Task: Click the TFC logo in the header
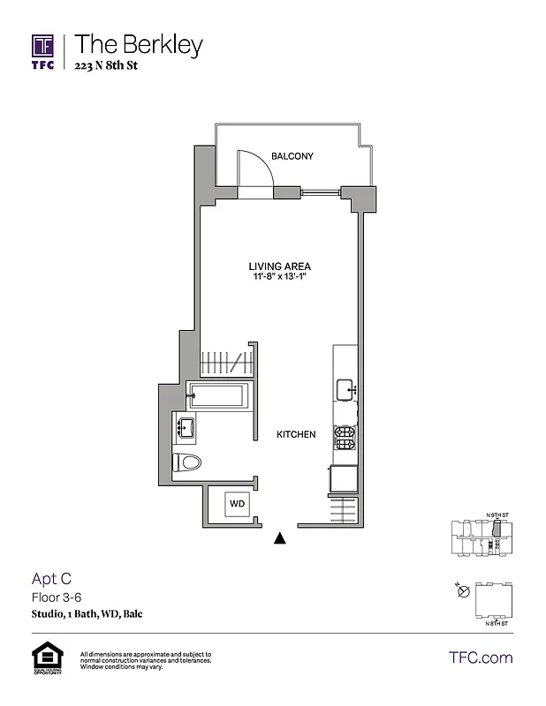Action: click(43, 51)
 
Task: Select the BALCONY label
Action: click(292, 157)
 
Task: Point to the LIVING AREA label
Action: click(278, 266)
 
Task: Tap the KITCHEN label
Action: click(296, 434)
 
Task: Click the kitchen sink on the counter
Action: click(345, 389)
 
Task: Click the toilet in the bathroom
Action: click(188, 462)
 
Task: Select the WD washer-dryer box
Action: click(237, 503)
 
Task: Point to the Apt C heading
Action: click(50, 579)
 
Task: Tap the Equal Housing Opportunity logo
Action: click(43, 658)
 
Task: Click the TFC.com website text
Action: click(481, 657)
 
